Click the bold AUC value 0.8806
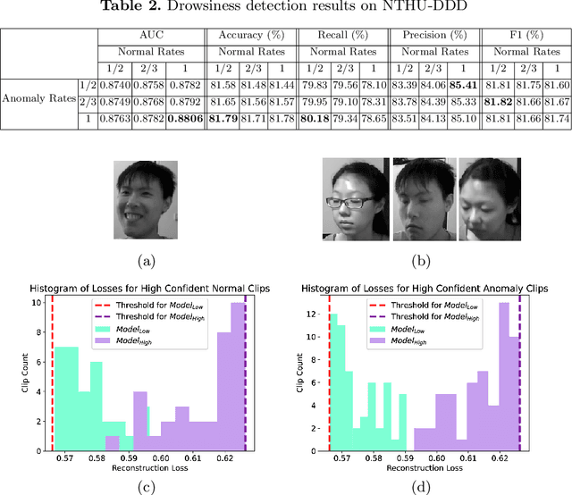tap(184, 119)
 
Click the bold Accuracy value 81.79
tap(222, 119)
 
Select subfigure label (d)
tap(425, 464)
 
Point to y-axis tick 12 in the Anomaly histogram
tap(309, 315)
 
